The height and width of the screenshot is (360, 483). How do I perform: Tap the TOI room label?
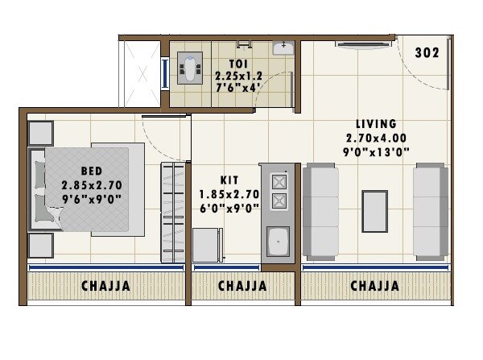point(237,63)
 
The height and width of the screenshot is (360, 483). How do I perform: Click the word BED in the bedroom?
point(90,171)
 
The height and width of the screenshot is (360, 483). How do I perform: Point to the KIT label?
point(229,180)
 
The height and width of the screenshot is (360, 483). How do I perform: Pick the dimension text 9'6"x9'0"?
point(90,197)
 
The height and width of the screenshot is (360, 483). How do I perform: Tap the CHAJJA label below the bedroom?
point(105,286)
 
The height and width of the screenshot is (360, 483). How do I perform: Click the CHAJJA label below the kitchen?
point(243,286)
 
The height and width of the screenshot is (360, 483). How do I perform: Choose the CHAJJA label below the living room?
point(374,286)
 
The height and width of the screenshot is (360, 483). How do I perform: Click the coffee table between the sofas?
point(374,211)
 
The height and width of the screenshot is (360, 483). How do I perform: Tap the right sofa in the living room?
point(430,212)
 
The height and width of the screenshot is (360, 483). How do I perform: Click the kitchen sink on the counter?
point(279,241)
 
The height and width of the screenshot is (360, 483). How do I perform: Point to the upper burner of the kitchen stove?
point(279,181)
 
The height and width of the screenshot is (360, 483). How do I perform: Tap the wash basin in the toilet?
point(282,48)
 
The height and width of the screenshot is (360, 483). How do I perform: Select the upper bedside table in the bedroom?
point(40,132)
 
